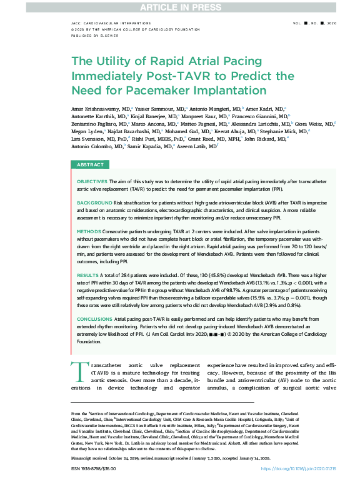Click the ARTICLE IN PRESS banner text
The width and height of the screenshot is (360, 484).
(x=179, y=6)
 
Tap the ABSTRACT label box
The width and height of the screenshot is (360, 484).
(x=91, y=164)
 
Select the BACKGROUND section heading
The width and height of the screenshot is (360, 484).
(x=94, y=204)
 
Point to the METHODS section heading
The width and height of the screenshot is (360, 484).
(x=88, y=231)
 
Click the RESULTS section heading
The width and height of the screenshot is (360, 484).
(x=87, y=275)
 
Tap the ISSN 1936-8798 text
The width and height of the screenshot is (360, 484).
(x=89, y=468)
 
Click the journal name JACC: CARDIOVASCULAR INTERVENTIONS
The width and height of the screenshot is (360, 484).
(x=106, y=23)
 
